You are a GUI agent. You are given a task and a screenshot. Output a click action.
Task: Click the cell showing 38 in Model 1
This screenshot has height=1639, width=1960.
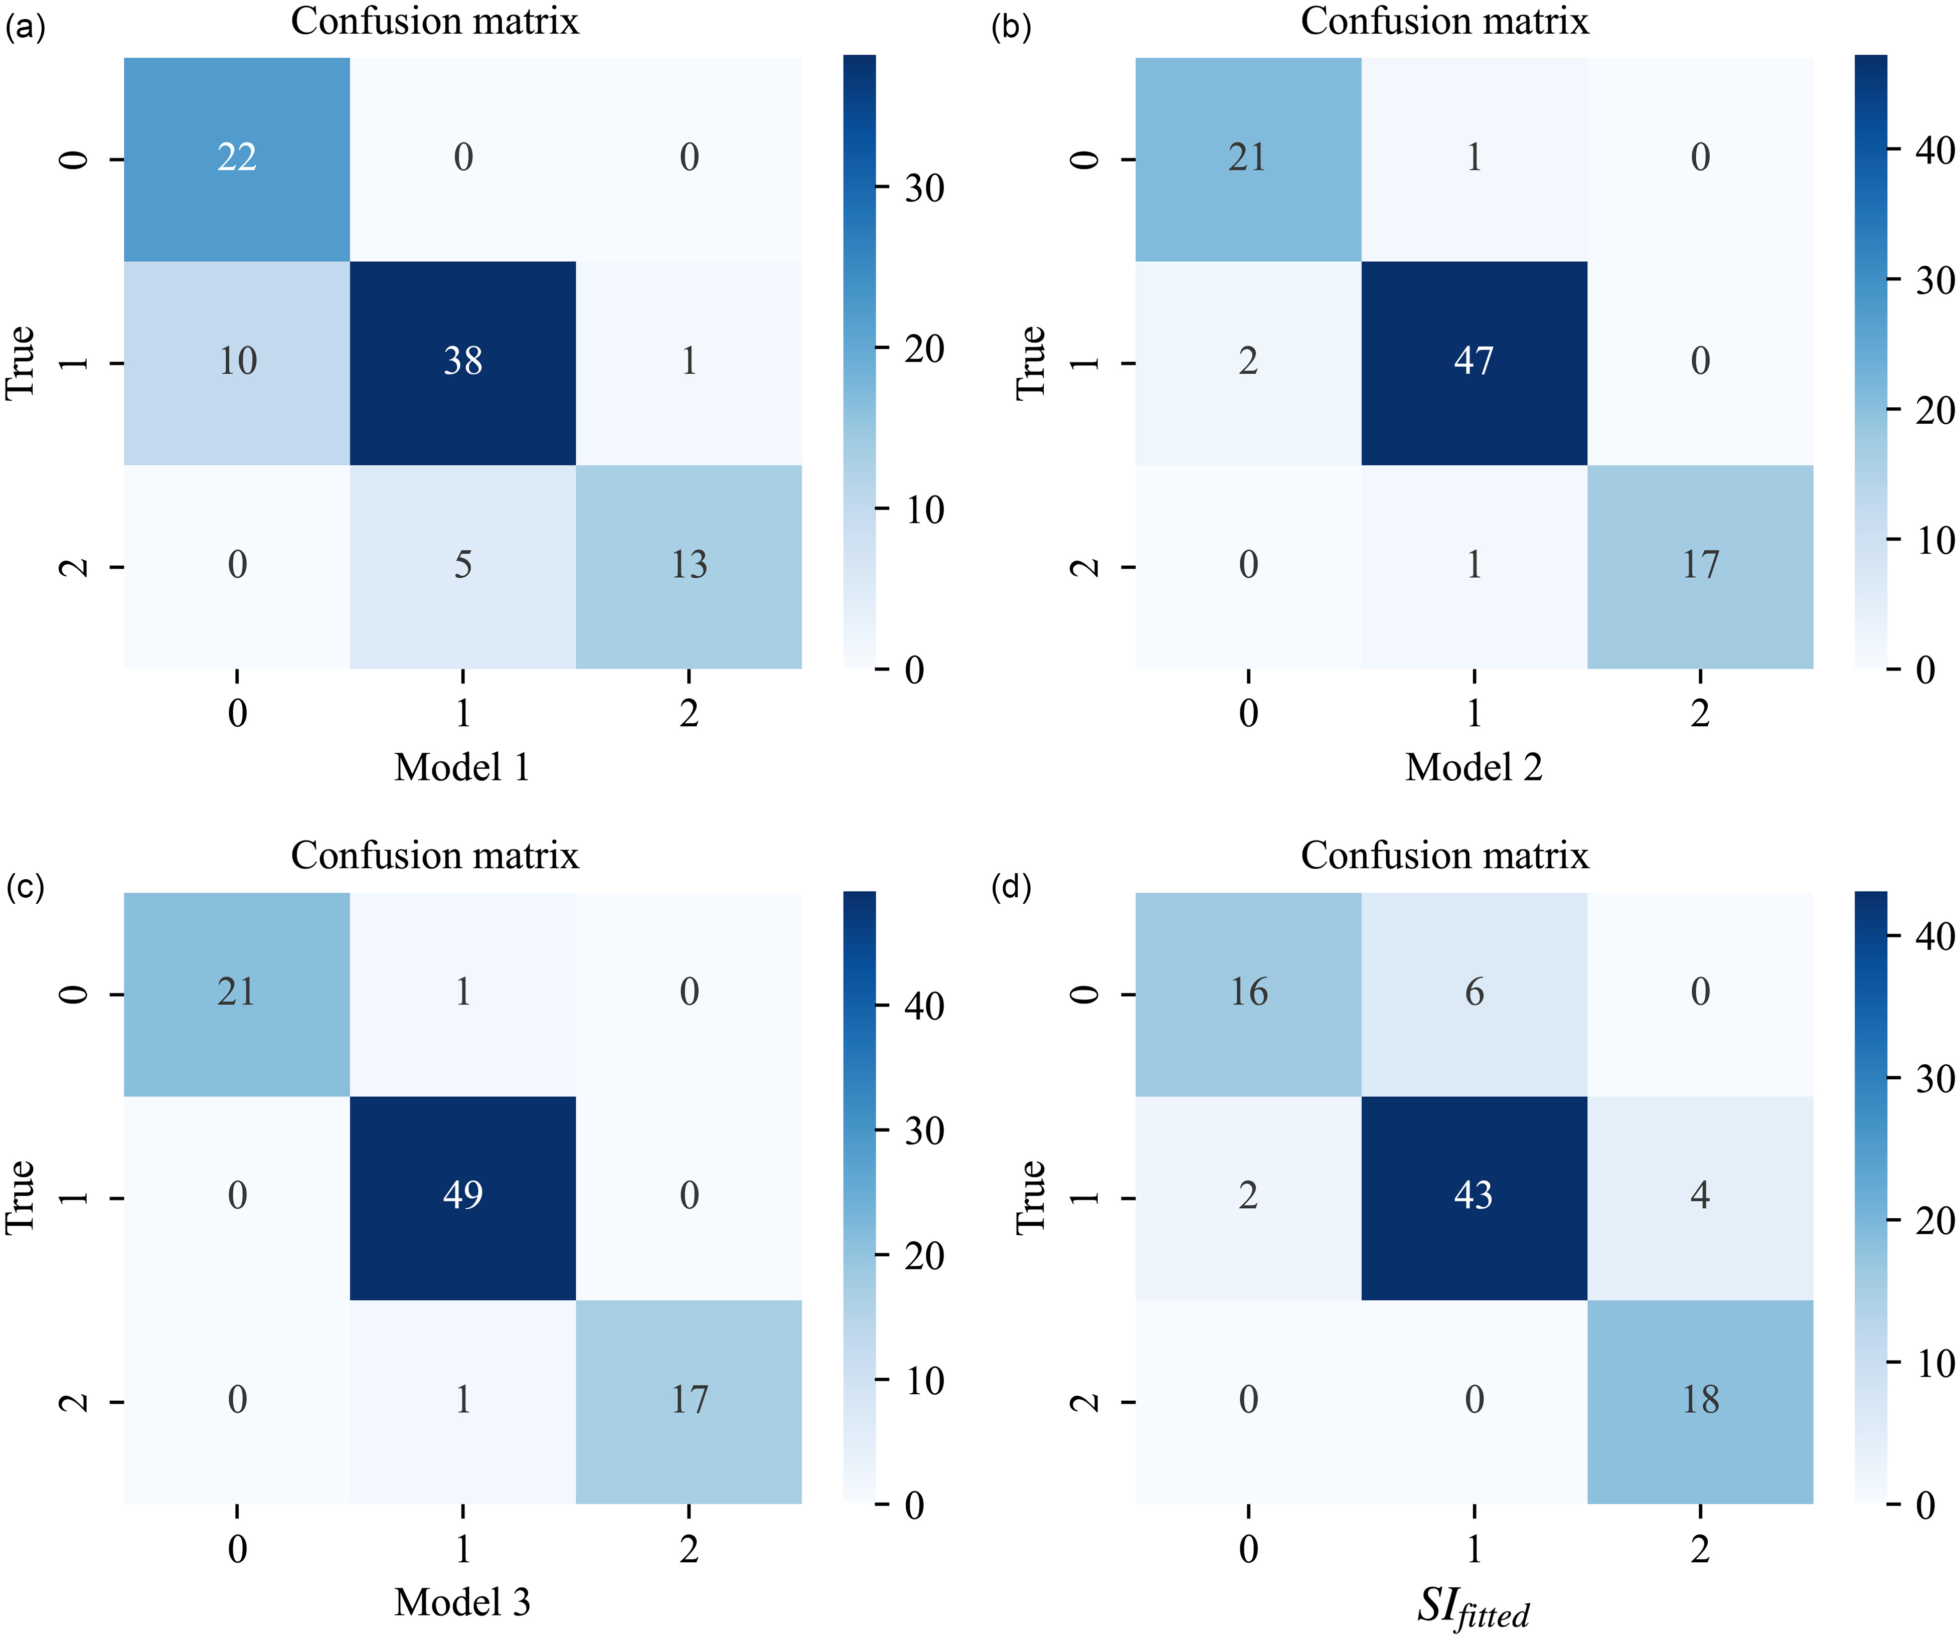pyautogui.click(x=463, y=363)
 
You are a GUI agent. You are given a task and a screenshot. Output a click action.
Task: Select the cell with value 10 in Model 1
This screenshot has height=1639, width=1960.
pyautogui.click(x=237, y=363)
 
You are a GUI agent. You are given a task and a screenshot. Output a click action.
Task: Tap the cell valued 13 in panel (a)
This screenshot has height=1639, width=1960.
pyautogui.click(x=689, y=567)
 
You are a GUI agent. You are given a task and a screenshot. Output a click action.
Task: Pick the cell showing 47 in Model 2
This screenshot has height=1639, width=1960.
pyautogui.click(x=1474, y=363)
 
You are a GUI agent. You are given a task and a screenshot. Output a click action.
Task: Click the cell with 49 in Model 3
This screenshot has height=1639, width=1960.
pyautogui.click(x=463, y=1198)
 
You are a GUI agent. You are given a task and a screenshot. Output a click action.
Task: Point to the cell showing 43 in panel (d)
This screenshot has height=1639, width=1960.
pyautogui.click(x=1474, y=1198)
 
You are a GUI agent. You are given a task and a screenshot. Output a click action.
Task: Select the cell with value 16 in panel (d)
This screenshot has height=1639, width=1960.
pyautogui.click(x=1248, y=994)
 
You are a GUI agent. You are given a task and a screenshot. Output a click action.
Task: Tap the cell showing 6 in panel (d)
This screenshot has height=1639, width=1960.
pyautogui.click(x=1474, y=994)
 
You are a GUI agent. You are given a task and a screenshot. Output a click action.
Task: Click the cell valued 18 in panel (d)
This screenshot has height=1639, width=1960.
pyautogui.click(x=1701, y=1401)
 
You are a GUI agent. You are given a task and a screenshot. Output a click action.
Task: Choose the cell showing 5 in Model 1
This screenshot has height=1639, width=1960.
pyautogui.click(x=463, y=567)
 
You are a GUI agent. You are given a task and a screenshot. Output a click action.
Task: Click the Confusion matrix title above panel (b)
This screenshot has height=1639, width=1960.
pyautogui.click(x=1445, y=22)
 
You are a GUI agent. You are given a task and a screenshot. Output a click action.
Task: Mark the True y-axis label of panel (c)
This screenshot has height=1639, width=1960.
pyautogui.click(x=21, y=1198)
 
